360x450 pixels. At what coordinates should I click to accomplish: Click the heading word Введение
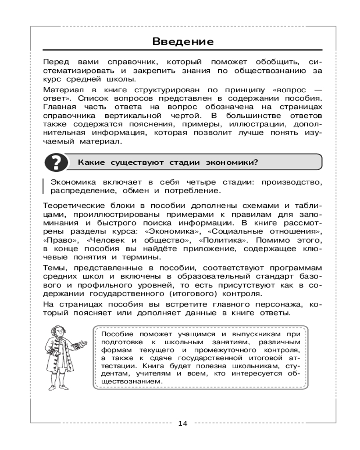pos(182,42)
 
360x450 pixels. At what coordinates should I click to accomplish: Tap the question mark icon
pos(55,162)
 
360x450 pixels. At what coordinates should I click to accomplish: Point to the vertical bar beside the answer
pos(44,186)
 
